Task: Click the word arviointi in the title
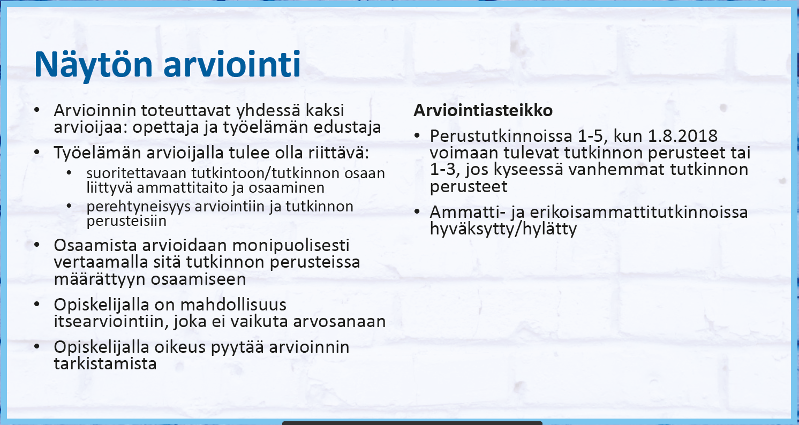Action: coord(232,64)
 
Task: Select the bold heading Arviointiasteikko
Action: coord(483,110)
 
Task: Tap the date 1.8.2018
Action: coord(683,136)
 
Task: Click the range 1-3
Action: coord(444,170)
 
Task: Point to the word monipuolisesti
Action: coord(291,246)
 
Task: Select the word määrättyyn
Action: coord(100,279)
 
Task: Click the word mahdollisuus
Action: coord(233,305)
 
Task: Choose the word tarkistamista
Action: coord(105,364)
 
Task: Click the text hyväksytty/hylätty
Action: coord(503,229)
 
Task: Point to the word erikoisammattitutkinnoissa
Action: coord(639,212)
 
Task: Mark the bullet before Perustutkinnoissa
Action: coord(417,136)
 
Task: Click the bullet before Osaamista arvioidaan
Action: coord(37,245)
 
